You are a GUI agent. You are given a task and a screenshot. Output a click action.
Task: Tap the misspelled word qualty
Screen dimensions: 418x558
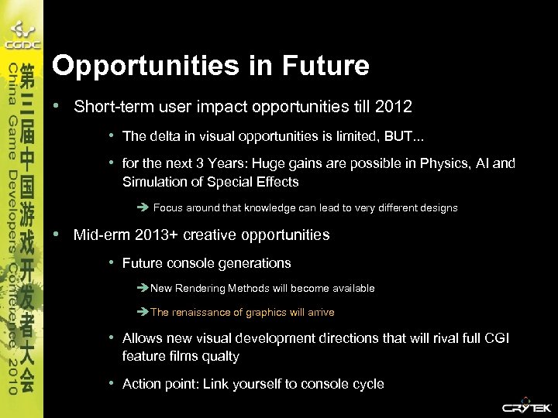tap(221, 357)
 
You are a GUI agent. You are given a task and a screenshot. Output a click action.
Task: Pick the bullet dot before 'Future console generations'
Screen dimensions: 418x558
tap(112, 262)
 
